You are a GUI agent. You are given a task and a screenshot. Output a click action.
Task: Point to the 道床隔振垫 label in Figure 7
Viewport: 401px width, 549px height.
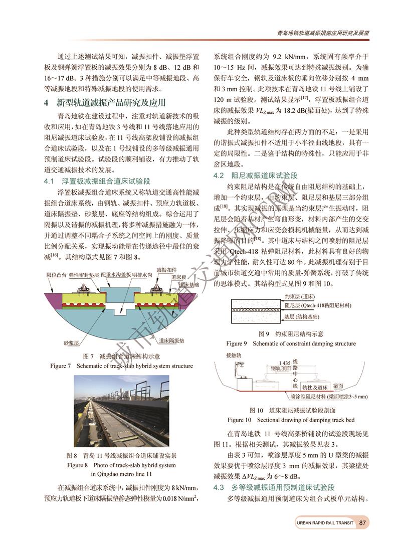172,340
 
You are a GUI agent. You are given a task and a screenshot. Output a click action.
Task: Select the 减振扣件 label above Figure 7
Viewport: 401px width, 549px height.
166,270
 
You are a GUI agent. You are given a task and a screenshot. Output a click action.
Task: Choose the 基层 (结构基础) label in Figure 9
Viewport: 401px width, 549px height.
305,317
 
